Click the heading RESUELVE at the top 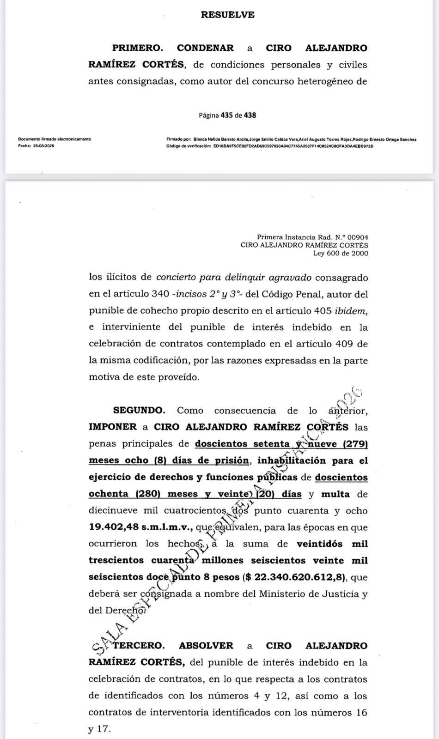[227, 15]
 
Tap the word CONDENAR [205, 48]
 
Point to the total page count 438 [250, 115]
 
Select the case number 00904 [356, 237]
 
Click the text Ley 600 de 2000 [341, 253]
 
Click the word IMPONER [112, 427]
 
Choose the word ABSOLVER [206, 646]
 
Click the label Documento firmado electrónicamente [55, 139]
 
